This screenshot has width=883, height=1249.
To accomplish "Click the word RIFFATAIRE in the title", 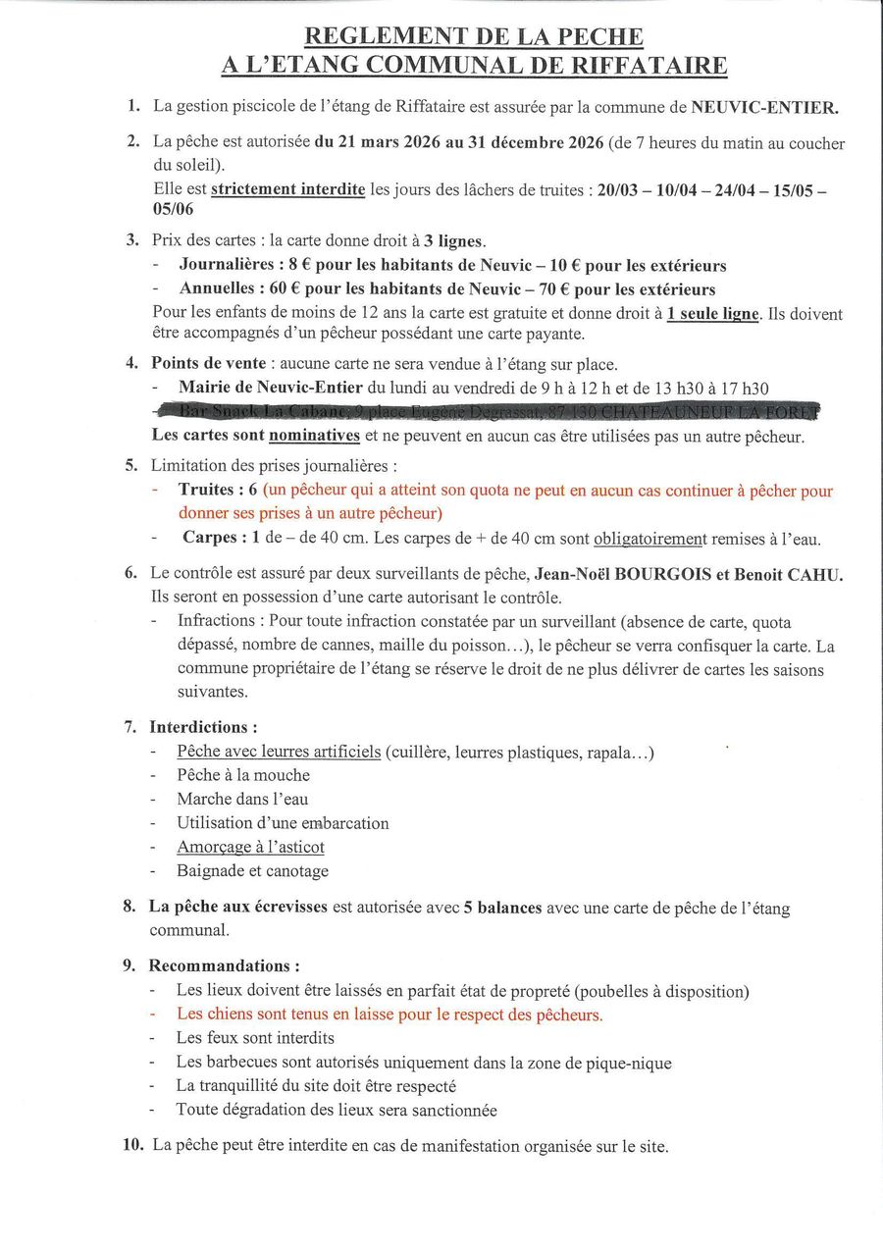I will [x=646, y=66].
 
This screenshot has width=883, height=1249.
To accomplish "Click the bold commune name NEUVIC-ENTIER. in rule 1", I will [x=765, y=108].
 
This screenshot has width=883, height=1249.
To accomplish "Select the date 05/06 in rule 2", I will [x=173, y=210].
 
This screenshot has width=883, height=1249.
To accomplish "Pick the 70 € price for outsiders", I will [x=550, y=289].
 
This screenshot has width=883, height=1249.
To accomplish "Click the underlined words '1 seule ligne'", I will [x=712, y=314].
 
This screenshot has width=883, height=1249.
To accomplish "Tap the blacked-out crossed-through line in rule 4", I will [x=491, y=411].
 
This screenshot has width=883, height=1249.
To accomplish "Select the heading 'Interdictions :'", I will [x=203, y=727].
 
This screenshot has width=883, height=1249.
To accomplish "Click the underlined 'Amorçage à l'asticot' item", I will [x=250, y=847].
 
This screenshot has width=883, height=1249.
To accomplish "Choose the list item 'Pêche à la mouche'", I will [x=243, y=775].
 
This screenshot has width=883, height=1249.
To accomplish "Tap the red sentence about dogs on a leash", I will [x=390, y=1015].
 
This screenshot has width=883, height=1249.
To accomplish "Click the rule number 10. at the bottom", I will [x=134, y=1145].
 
